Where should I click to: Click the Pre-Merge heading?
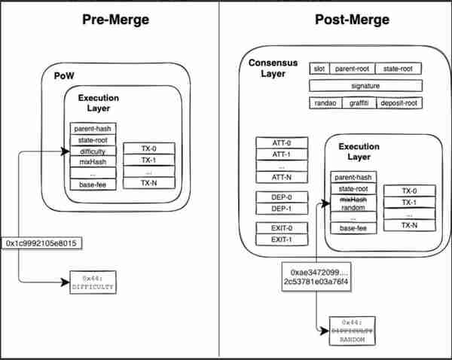(x=115, y=20)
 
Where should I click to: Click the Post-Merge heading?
(x=352, y=20)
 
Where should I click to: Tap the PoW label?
(x=64, y=76)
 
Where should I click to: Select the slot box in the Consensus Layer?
(x=319, y=69)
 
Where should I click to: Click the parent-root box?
(x=353, y=69)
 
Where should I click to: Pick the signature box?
(x=365, y=86)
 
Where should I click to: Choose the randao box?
(x=325, y=103)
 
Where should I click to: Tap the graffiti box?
(x=359, y=103)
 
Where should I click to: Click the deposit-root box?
(x=399, y=103)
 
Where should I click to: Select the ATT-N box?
(x=282, y=177)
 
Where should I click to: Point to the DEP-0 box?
(x=282, y=197)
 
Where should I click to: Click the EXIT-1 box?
(x=282, y=239)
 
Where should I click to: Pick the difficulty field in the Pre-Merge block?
(x=93, y=151)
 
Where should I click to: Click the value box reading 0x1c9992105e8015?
(x=41, y=243)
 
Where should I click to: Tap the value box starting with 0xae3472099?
(x=316, y=276)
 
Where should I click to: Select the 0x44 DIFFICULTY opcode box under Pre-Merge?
(x=93, y=282)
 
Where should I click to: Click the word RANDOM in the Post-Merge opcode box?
(x=352, y=340)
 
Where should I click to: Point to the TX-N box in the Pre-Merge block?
(x=149, y=183)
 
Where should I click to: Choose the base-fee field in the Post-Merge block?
(x=353, y=228)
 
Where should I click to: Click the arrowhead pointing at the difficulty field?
(x=66, y=151)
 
